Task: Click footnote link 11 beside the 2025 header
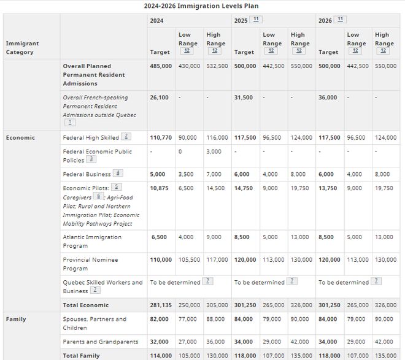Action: click(x=256, y=20)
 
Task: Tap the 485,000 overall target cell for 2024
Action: click(x=161, y=66)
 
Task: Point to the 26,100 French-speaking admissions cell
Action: click(x=158, y=98)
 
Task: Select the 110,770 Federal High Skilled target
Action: click(x=161, y=138)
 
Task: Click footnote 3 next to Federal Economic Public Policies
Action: click(x=91, y=159)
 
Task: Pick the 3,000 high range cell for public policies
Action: click(x=214, y=151)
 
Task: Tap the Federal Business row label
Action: click(x=87, y=174)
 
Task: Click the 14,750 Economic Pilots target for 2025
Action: click(x=244, y=188)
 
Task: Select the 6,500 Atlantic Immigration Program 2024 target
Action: click(x=158, y=237)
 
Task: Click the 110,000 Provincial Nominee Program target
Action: click(x=161, y=260)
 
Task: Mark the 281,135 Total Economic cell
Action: click(x=161, y=305)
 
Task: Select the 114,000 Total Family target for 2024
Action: click(x=161, y=355)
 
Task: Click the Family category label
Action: click(x=16, y=320)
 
